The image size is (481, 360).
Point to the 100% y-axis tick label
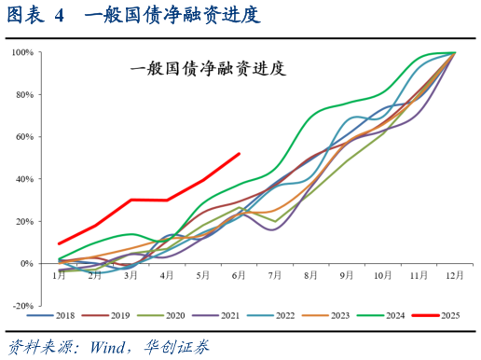(22, 52)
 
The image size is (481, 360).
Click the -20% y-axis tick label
(22, 305)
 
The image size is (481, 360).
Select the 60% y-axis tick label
(24, 137)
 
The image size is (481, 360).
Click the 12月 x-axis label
(454, 276)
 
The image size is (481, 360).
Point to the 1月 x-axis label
(59, 276)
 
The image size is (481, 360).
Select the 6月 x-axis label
(239, 276)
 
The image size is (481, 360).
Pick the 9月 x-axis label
(347, 276)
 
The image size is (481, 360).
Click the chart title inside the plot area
(206, 68)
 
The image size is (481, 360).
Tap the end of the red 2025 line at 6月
(240, 154)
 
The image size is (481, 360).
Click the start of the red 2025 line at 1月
(60, 243)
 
